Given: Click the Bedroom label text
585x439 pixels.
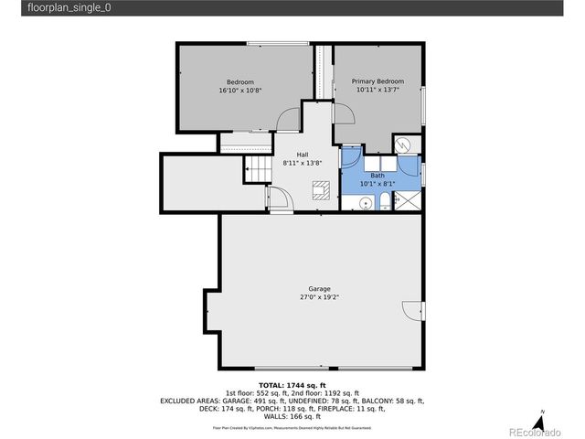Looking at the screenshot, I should click(240, 82).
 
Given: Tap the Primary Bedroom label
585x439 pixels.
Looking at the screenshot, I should click(378, 81).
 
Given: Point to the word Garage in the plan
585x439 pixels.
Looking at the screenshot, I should click(319, 289).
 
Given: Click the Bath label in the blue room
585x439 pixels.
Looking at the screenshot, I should click(377, 175).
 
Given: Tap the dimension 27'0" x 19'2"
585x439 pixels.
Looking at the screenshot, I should click(319, 297).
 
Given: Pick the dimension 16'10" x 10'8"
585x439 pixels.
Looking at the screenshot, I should click(240, 91).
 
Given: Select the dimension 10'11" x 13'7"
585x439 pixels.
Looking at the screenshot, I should click(378, 90).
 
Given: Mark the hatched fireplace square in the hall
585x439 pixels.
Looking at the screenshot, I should click(320, 191).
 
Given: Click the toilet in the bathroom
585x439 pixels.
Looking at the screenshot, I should click(387, 202).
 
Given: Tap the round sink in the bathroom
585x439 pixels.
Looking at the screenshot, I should click(364, 202).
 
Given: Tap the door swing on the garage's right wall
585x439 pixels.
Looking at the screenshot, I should click(412, 312).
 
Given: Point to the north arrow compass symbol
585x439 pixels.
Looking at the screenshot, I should click(542, 422).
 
